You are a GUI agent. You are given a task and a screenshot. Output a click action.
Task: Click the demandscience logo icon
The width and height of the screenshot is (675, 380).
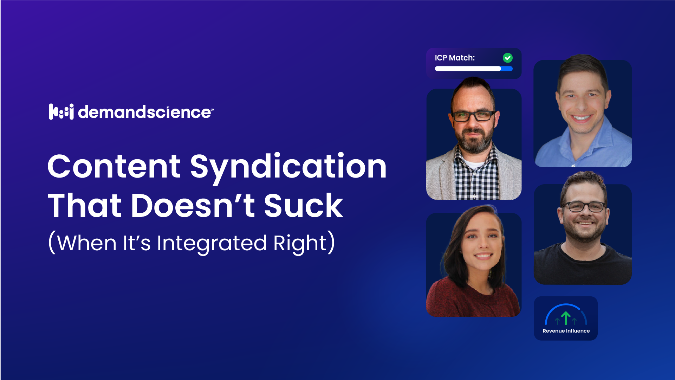tap(61, 112)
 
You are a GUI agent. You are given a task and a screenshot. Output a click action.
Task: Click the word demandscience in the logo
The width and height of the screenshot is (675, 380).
tap(144, 112)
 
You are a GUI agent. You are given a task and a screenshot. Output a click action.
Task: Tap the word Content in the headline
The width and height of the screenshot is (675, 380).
tap(114, 167)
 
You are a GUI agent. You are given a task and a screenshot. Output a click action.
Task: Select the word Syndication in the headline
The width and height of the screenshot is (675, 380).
tap(288, 167)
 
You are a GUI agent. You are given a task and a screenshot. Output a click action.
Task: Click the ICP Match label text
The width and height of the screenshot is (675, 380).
tap(455, 58)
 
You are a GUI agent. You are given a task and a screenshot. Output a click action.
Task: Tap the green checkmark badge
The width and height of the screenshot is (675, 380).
tap(508, 58)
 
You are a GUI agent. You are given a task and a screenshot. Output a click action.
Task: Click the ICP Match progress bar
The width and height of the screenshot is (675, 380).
tap(473, 69)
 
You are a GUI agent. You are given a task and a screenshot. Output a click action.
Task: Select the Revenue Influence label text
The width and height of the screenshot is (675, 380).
tap(566, 331)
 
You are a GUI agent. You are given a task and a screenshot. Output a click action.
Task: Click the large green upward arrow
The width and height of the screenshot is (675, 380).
tap(566, 318)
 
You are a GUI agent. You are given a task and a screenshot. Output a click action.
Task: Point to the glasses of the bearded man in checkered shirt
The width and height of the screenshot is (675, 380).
tap(474, 116)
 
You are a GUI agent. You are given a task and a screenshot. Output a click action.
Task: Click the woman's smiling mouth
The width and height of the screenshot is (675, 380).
tap(483, 256)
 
